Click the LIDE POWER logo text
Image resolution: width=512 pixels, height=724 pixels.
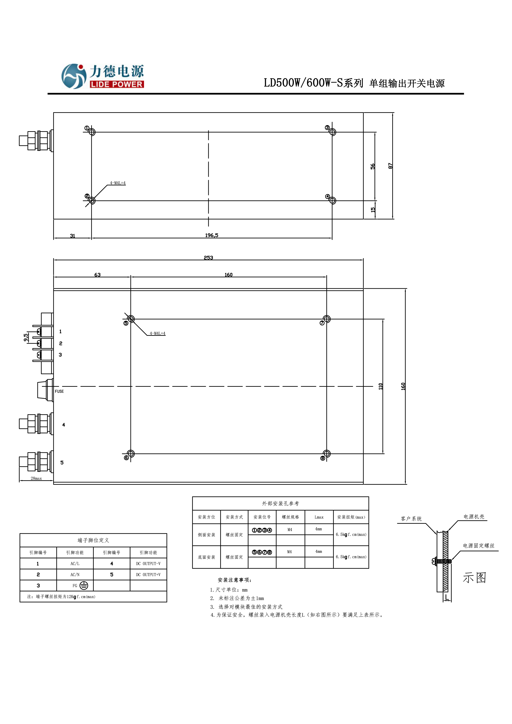[116, 84]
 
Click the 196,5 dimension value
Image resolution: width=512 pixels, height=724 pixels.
[211, 235]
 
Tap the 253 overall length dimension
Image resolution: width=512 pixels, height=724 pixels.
[208, 258]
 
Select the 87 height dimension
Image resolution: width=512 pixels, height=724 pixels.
[390, 166]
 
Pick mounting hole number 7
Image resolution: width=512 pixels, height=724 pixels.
[327, 319]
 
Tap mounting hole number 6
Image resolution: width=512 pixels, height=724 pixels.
[131, 454]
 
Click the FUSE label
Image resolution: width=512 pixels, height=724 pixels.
[59, 391]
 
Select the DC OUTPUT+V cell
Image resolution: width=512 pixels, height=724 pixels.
[148, 575]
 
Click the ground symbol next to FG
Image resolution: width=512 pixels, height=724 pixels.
[84, 586]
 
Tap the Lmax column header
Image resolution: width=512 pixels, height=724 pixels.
[319, 517]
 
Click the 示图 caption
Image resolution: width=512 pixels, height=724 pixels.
[474, 578]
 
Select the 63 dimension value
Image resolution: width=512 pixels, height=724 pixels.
[97, 275]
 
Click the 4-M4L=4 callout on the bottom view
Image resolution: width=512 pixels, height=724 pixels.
[157, 333]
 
